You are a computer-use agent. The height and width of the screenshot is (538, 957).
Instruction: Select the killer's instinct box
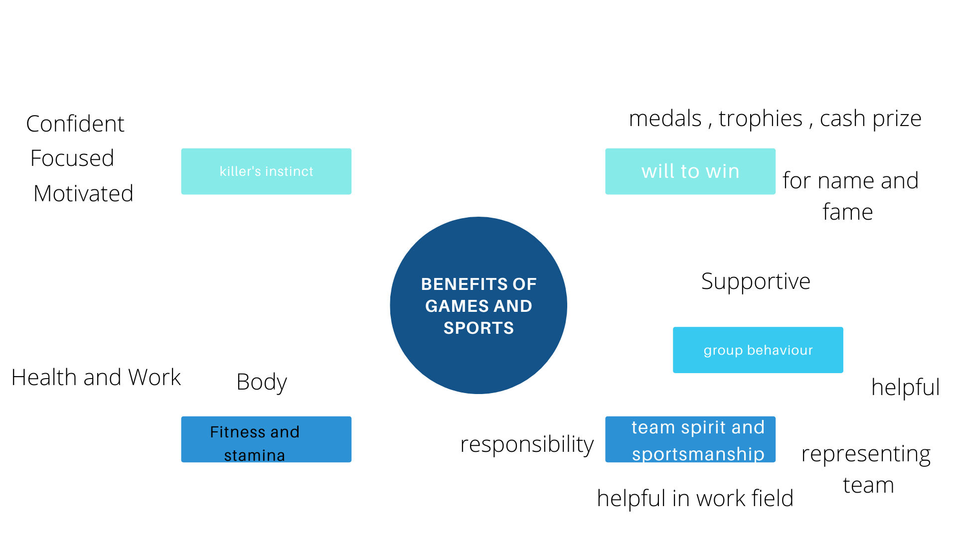266,171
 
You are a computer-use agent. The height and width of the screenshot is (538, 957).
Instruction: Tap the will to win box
690,171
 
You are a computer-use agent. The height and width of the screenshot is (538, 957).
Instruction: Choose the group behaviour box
758,350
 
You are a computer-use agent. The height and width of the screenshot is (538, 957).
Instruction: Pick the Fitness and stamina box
266,439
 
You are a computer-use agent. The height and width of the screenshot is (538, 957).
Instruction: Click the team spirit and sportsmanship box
690,439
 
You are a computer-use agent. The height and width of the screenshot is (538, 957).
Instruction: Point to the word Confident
75,124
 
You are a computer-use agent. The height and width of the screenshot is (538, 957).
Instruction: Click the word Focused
72,158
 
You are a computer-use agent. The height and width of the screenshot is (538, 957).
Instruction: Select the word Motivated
83,193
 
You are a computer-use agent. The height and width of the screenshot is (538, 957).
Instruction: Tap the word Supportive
756,281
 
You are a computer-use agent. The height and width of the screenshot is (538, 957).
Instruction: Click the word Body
262,382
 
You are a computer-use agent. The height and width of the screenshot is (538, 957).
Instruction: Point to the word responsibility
527,444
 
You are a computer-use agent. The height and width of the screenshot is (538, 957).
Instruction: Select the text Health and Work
96,377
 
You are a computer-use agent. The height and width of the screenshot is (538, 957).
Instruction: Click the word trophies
761,119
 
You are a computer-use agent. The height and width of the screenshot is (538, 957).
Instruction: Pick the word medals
665,119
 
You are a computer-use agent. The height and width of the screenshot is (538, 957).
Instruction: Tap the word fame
847,212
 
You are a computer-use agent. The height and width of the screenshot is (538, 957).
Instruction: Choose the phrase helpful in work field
695,498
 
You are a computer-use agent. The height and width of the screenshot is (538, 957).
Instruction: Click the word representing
866,454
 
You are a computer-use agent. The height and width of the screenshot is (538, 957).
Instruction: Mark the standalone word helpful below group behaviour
905,387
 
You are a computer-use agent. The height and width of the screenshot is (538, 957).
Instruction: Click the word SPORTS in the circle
478,328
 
